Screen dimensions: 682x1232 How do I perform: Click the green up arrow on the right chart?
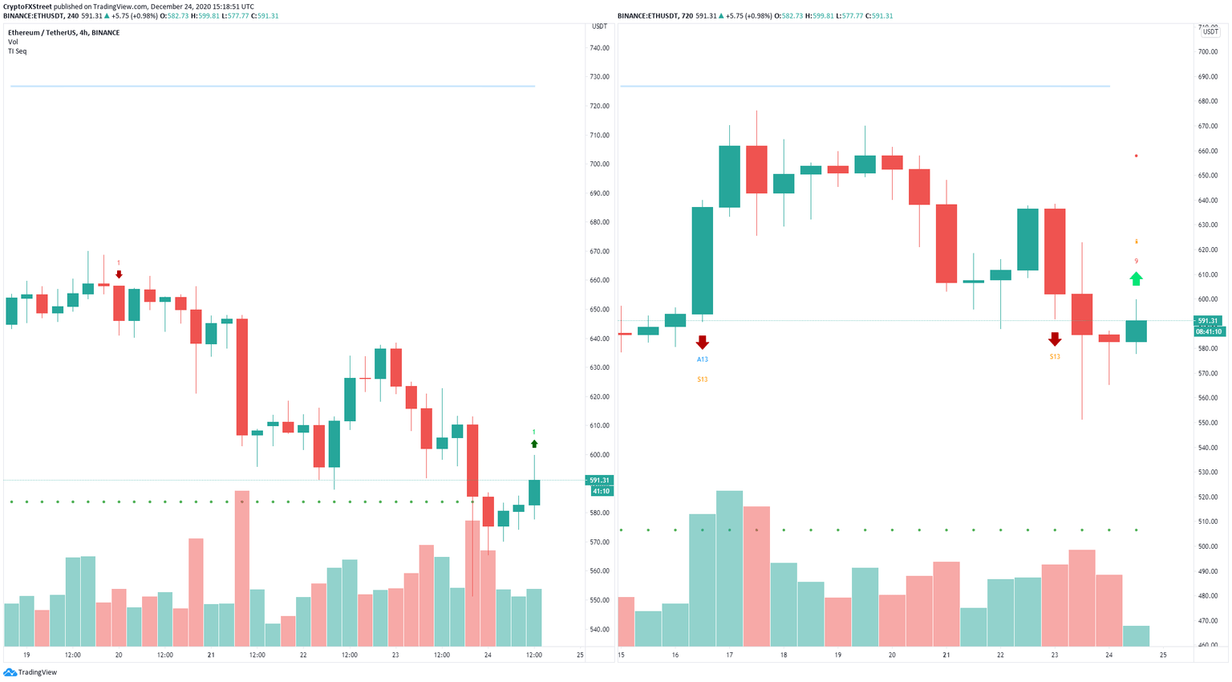tap(1136, 278)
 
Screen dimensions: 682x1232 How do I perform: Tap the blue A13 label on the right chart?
tap(702, 359)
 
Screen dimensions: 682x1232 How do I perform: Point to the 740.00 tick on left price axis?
tap(599, 48)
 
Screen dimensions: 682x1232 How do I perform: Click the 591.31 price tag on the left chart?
tap(600, 481)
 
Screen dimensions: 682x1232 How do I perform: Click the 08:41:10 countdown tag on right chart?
tap(1208, 331)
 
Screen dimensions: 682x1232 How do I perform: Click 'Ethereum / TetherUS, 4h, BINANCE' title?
tap(63, 33)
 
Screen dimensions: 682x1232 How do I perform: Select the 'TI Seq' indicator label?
tap(17, 51)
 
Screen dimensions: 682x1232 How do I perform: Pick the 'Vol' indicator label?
tap(13, 42)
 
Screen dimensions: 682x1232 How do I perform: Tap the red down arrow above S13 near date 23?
tap(1054, 339)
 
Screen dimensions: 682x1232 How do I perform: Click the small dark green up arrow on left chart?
tap(534, 444)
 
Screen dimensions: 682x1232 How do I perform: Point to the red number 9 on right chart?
tap(1136, 261)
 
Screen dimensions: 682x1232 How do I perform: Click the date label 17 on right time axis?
tap(729, 656)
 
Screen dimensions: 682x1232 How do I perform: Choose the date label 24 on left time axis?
tap(488, 656)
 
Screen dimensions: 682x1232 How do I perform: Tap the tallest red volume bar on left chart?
tap(242, 568)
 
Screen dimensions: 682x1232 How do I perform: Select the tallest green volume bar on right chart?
tap(729, 568)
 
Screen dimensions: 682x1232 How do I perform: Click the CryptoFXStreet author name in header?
tap(27, 6)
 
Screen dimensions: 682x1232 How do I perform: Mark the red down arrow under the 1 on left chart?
tap(119, 274)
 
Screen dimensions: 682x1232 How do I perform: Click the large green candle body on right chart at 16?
tap(702, 261)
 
